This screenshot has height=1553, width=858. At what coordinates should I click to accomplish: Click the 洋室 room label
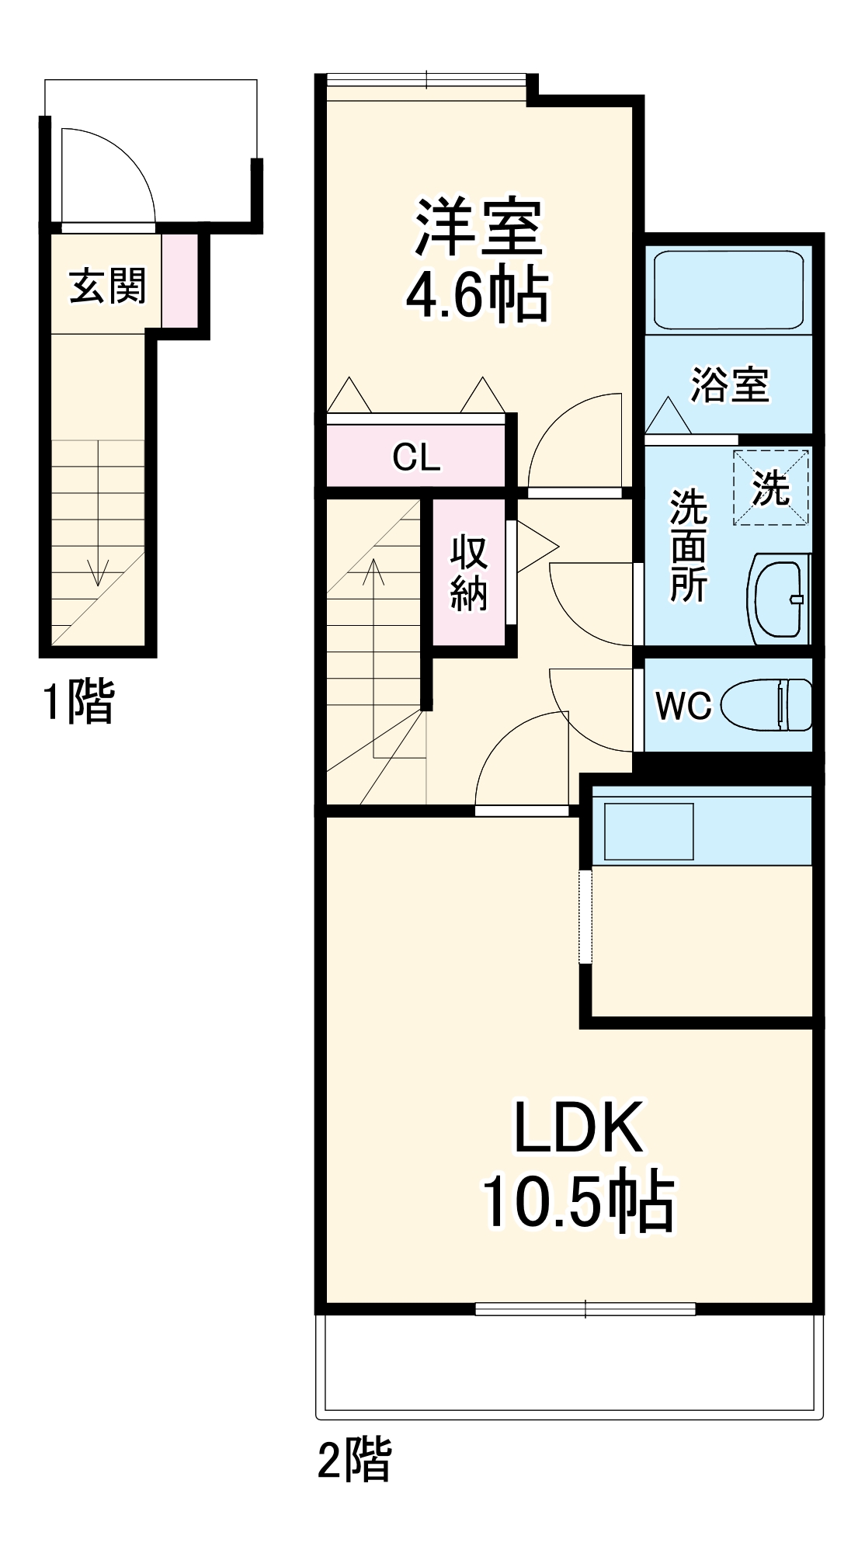coord(478,227)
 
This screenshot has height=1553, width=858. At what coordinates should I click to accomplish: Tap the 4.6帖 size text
coord(478,294)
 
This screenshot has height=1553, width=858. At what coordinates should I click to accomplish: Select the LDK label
coord(578,1127)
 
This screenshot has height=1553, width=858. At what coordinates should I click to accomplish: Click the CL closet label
coord(416,457)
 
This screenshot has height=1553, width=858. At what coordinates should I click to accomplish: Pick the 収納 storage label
coord(469,572)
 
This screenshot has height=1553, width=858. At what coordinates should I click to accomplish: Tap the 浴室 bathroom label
coord(729,384)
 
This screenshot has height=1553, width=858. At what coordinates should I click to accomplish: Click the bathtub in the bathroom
coord(728,290)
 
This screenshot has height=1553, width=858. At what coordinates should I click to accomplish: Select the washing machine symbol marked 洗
coord(771,488)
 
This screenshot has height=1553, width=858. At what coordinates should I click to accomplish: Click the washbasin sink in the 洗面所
coord(779,599)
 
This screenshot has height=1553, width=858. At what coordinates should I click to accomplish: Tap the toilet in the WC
coord(766,705)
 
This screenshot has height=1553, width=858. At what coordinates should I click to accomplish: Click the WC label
coord(683,706)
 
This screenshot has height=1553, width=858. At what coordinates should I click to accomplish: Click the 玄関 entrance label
coord(108,286)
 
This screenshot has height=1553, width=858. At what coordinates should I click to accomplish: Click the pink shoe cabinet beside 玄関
coord(179,280)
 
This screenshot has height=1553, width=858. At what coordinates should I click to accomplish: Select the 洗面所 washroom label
coord(688,545)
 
